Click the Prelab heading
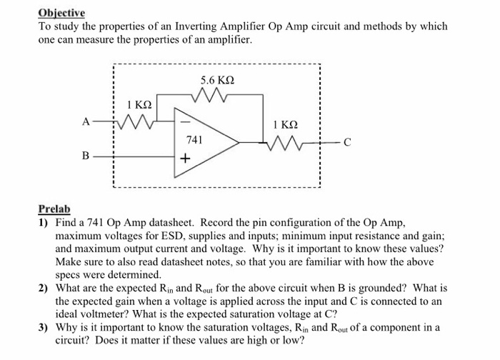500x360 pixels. pyautogui.click(x=54, y=209)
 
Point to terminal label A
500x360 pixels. pyautogui.click(x=86, y=122)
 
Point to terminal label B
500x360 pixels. pyautogui.click(x=86, y=154)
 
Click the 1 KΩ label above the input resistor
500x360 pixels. pyautogui.click(x=138, y=106)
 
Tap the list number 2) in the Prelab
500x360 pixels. pyautogui.click(x=43, y=289)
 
